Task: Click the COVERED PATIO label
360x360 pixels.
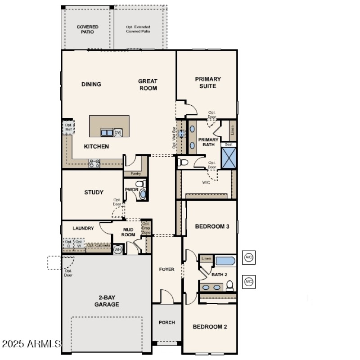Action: (x=87, y=30)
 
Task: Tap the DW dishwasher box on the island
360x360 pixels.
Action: (x=117, y=132)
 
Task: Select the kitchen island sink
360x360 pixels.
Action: (x=107, y=132)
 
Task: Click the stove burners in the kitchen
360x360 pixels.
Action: (x=94, y=163)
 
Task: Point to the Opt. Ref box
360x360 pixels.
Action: (x=68, y=127)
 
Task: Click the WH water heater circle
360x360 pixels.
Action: (x=118, y=249)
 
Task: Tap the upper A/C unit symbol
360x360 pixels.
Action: (x=248, y=258)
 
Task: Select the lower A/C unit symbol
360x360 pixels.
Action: (x=248, y=282)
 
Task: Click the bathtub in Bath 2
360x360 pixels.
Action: (x=225, y=261)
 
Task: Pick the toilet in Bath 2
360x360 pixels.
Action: (x=230, y=285)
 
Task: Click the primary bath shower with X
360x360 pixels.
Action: (x=229, y=158)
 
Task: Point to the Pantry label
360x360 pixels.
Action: (x=135, y=174)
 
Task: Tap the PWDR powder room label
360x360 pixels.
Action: (x=131, y=190)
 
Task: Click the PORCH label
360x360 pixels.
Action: (x=167, y=322)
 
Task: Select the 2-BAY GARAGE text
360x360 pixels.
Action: (x=107, y=301)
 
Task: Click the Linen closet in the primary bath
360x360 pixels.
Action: (x=233, y=130)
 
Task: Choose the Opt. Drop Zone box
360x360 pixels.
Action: (x=146, y=228)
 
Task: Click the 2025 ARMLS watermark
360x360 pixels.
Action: (x=31, y=344)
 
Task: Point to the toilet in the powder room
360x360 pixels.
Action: (x=140, y=184)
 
